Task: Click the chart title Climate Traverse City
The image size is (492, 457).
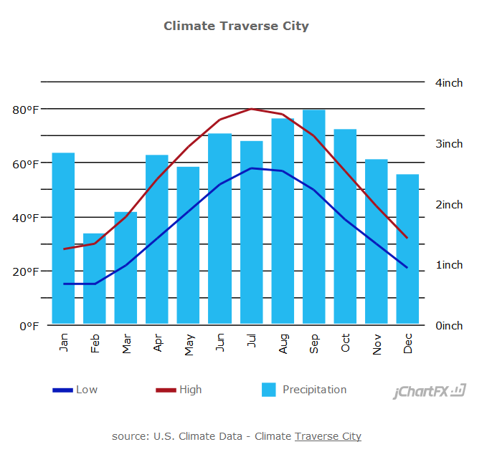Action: (x=236, y=26)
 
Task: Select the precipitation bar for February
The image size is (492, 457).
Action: (x=95, y=279)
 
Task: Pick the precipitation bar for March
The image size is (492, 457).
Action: (x=126, y=268)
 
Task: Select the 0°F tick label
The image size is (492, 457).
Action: (x=27, y=326)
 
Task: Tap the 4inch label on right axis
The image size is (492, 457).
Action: (x=449, y=82)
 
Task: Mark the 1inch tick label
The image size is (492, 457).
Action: (x=449, y=265)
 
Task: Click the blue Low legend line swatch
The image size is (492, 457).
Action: (x=62, y=390)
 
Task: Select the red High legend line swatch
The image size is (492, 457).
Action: (x=166, y=390)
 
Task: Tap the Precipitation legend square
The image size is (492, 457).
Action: (x=269, y=390)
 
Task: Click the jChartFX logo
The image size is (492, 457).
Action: (x=430, y=391)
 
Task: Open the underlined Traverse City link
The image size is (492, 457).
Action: (x=328, y=436)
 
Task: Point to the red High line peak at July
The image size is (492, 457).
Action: (x=251, y=109)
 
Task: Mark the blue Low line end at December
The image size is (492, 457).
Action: (x=407, y=268)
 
